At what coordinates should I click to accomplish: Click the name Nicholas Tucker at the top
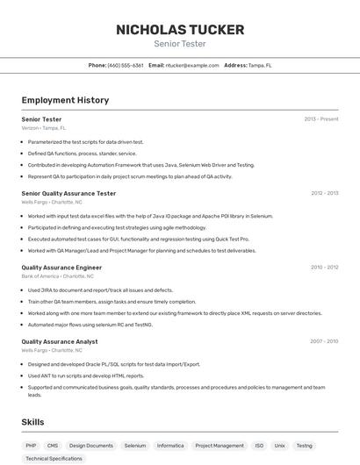point(180,30)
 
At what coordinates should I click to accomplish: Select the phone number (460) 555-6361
point(126,65)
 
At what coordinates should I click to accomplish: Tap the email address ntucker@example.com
point(192,65)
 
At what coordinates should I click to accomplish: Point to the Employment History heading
point(65,100)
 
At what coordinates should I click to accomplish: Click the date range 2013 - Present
point(320,118)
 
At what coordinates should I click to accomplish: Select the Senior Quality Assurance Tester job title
point(68,193)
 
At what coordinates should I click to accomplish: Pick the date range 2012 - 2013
point(324,193)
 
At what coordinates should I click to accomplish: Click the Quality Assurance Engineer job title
point(61,267)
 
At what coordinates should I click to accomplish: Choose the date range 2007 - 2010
point(324,341)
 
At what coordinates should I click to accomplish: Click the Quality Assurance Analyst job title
point(60,341)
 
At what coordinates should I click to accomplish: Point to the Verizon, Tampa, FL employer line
point(44,128)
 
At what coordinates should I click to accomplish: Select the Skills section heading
point(32,422)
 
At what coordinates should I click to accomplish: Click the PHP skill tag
point(31,446)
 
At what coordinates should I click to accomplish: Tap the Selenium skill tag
point(135,446)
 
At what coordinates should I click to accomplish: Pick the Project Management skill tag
point(220,446)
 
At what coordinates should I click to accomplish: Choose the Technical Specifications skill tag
point(54,458)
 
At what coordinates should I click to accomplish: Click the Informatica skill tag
point(170,446)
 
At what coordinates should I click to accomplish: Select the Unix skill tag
point(279,446)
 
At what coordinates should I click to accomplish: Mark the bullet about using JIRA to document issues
point(100,290)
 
